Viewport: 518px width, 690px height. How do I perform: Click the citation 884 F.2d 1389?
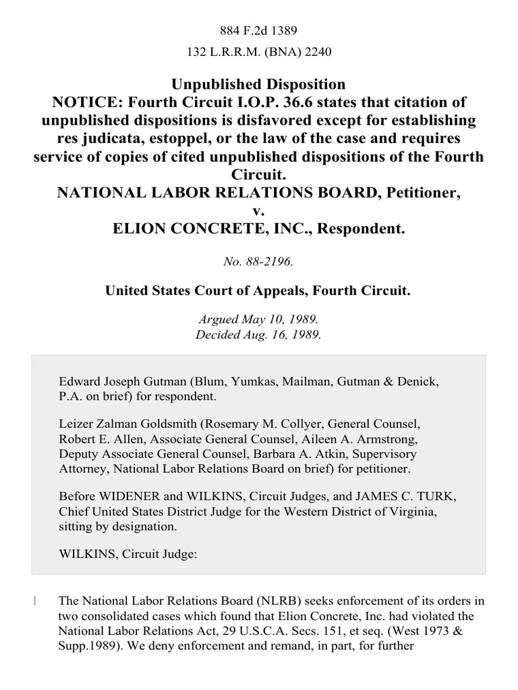tap(259, 30)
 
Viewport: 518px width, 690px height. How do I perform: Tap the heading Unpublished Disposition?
tap(259, 84)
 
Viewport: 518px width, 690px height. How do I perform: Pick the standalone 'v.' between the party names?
tap(259, 211)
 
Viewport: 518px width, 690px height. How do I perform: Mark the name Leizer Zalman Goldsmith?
tap(118, 424)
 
